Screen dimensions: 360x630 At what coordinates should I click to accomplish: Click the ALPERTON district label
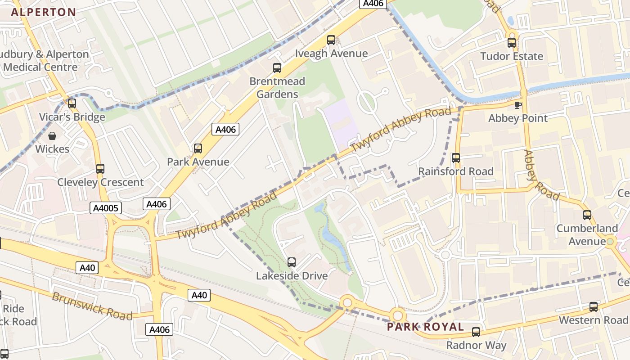[x=43, y=12]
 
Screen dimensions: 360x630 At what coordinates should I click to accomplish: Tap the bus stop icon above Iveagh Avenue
[x=331, y=40]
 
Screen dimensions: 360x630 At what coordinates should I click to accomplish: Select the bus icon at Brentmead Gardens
[x=277, y=68]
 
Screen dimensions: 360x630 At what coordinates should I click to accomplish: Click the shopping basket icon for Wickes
[x=52, y=135]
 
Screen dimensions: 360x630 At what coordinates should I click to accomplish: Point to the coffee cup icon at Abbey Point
[x=518, y=105]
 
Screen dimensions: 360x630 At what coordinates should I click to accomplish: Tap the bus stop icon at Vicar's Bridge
[x=72, y=103]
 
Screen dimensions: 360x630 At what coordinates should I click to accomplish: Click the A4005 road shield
[x=106, y=208]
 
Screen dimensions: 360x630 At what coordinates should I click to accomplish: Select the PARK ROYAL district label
[x=425, y=327]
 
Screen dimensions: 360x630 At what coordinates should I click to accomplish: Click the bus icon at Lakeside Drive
[x=292, y=262]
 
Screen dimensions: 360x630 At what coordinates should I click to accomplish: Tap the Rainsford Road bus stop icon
[x=456, y=158]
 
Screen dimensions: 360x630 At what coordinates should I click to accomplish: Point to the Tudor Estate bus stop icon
[x=512, y=43]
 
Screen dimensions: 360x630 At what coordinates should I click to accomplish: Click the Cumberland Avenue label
[x=587, y=234]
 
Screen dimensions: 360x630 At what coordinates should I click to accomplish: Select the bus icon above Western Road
[x=594, y=307]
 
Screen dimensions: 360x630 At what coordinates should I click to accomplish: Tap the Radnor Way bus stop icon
[x=476, y=332]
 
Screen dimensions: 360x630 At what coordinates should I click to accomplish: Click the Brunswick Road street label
[x=92, y=306]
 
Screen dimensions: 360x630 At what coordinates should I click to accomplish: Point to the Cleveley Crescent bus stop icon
[x=100, y=169]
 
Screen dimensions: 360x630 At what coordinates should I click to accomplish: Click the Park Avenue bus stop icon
[x=198, y=148]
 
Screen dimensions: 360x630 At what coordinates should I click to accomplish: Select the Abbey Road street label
[x=541, y=175]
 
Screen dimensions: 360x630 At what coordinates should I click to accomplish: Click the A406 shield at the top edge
[x=373, y=4]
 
